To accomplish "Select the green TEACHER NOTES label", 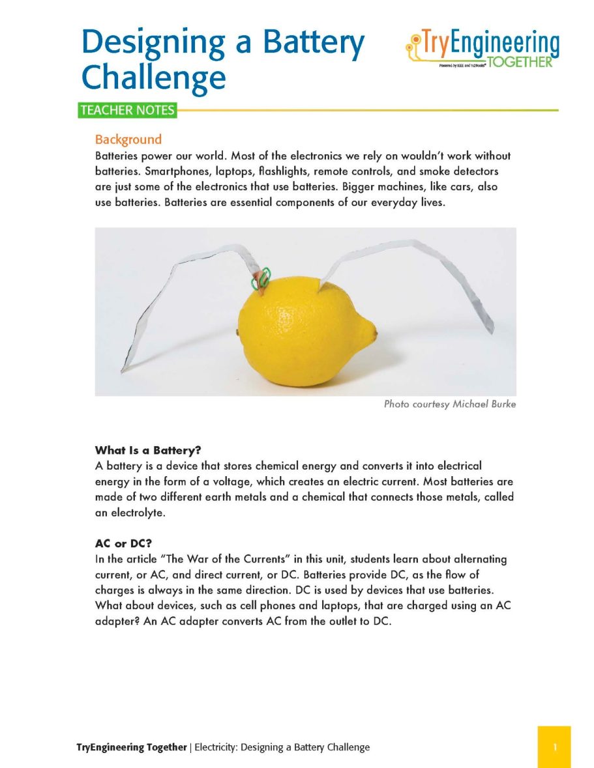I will tap(126, 110).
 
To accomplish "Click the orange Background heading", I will tap(128, 139).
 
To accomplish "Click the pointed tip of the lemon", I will tap(374, 333).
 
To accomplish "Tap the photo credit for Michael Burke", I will tap(449, 405).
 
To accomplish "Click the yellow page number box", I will tap(554, 747).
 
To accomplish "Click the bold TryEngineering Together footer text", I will tap(131, 747).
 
